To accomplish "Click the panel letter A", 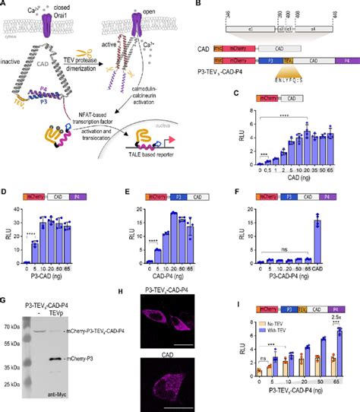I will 4,4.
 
